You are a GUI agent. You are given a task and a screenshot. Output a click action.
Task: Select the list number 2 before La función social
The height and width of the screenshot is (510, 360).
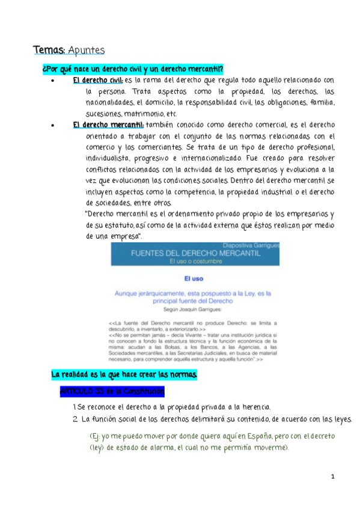pyautogui.click(x=73, y=419)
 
